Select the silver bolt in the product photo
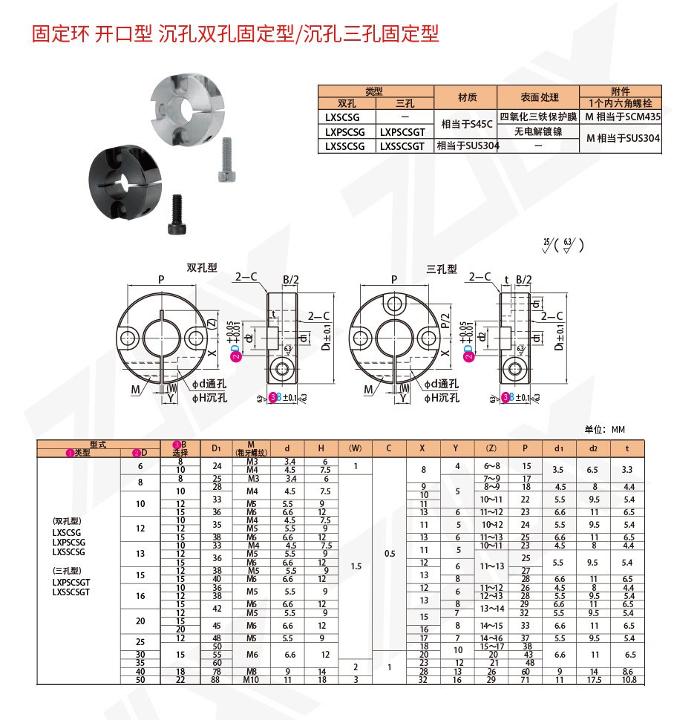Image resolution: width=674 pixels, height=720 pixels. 226,160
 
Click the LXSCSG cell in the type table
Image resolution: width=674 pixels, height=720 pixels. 347,117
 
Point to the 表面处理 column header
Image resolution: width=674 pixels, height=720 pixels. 539,97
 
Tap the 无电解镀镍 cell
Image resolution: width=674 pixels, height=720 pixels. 539,131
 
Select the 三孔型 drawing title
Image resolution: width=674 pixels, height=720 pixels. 441,269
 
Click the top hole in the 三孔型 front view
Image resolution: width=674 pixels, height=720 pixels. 392,302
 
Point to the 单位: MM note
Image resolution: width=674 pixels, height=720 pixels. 605,429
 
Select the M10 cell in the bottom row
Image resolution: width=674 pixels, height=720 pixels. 251,679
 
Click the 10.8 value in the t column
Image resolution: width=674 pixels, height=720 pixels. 629,679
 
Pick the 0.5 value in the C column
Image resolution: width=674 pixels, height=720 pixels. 390,553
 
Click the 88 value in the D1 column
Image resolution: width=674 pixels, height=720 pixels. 217,679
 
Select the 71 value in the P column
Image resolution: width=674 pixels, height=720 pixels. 526,679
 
